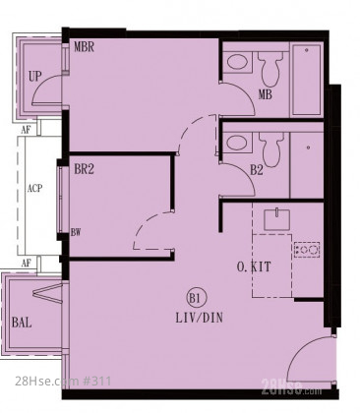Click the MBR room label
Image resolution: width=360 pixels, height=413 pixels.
[x=84, y=47]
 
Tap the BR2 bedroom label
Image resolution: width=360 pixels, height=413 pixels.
[x=84, y=169]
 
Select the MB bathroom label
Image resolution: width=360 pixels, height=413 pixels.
[x=265, y=94]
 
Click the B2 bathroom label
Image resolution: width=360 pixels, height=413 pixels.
[x=257, y=170]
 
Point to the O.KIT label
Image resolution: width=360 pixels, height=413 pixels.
[x=254, y=266]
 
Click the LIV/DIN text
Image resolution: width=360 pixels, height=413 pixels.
[x=200, y=318]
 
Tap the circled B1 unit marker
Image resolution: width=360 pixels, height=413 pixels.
[x=194, y=298]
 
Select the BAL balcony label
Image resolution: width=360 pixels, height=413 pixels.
[x=22, y=323]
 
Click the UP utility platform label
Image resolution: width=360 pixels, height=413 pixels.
[x=34, y=77]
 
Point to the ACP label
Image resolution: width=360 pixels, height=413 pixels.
[x=34, y=189]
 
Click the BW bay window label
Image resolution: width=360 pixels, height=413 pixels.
[x=76, y=232]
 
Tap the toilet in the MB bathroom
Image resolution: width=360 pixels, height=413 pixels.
[x=270, y=68]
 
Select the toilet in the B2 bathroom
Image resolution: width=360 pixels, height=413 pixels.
[x=270, y=148]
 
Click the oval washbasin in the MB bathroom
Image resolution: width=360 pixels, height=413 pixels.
[x=237, y=62]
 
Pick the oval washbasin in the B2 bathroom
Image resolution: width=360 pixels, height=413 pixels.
[x=238, y=143]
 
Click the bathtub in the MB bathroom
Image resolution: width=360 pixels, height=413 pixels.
[x=307, y=80]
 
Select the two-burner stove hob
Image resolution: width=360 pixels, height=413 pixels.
[x=307, y=250]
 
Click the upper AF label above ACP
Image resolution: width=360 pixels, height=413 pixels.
[x=26, y=130]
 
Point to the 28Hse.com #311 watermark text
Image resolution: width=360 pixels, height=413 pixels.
[x=63, y=382]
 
